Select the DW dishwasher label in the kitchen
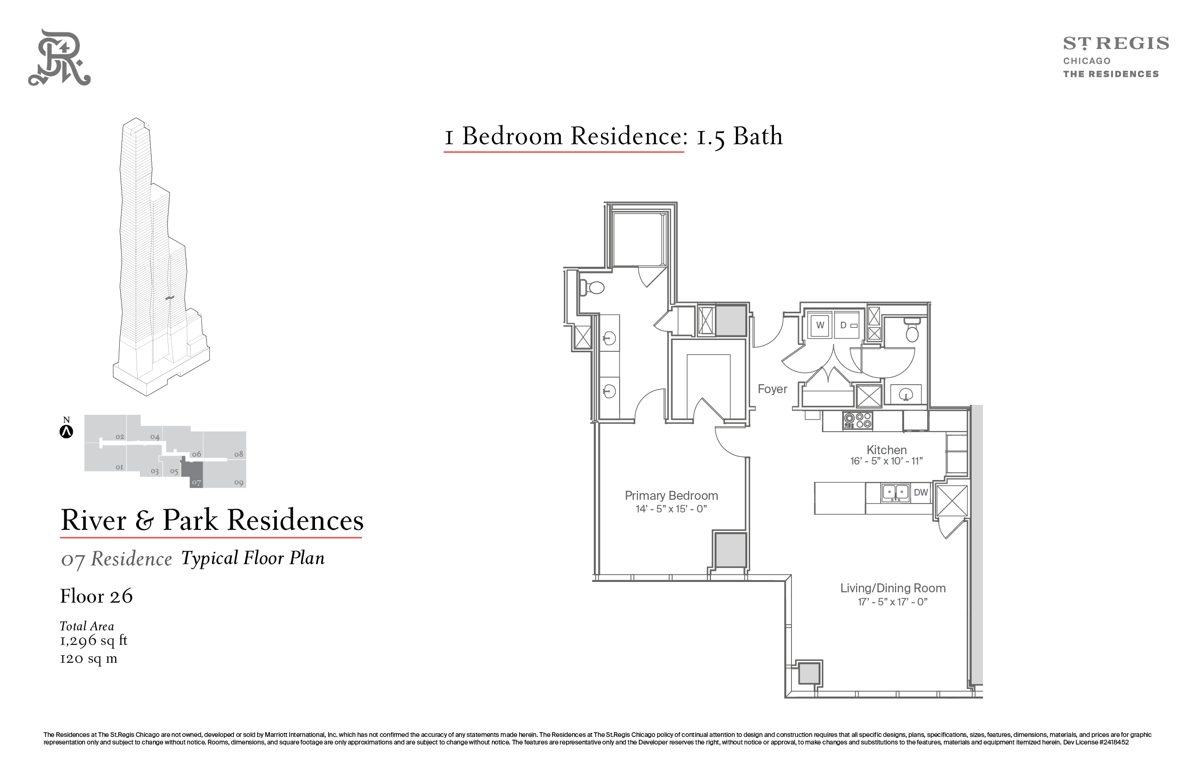[921, 493]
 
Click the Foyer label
[773, 389]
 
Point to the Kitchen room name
[887, 450]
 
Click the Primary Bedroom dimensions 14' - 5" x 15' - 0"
[671, 509]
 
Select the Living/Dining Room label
[893, 588]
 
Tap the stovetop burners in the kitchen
[858, 421]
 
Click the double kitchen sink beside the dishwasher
[895, 493]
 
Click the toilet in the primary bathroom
[592, 287]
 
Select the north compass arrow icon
[66, 432]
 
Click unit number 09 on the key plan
[239, 483]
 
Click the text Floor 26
[97, 597]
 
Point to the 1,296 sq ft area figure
[93, 641]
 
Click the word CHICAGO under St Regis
[1087, 61]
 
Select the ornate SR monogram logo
[59, 57]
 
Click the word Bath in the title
[758, 136]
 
